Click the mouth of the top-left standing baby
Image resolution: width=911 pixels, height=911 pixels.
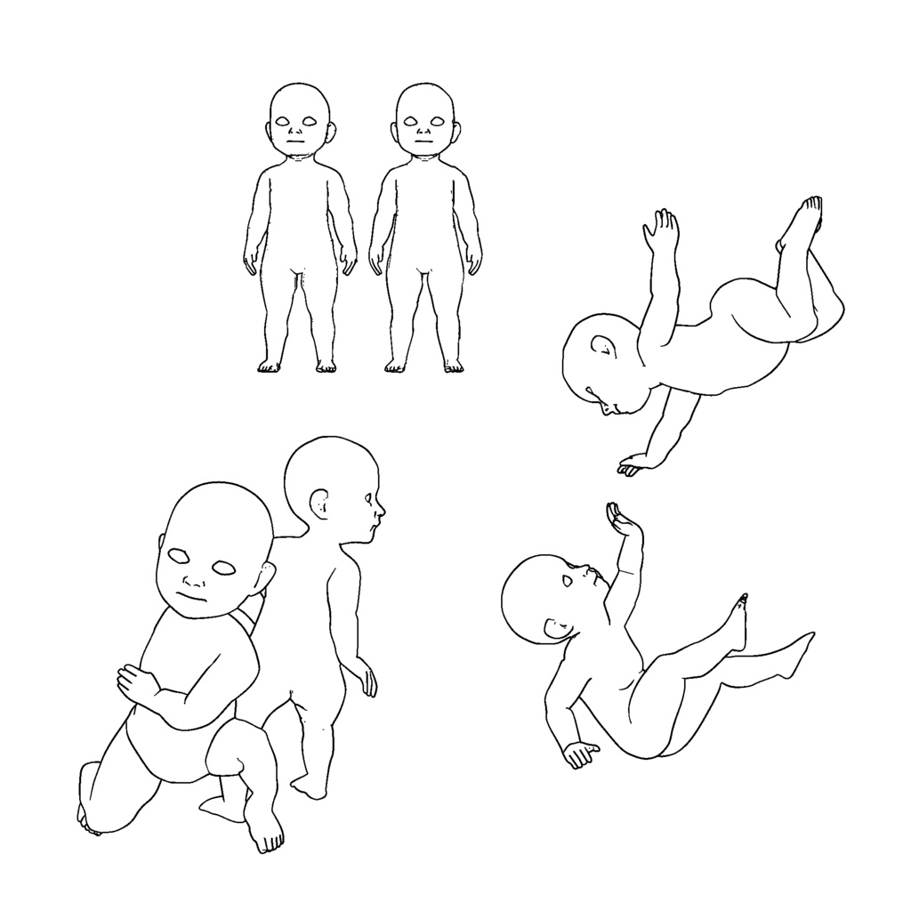coord(295,140)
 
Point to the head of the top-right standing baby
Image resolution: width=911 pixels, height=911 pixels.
coord(424,111)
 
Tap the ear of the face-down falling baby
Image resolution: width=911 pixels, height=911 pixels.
coord(601,345)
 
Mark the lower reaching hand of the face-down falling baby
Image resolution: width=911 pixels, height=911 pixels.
coord(634,464)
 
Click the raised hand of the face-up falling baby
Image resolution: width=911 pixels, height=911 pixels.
coord(622,521)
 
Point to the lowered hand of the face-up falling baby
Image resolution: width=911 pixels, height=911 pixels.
coord(581,754)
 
